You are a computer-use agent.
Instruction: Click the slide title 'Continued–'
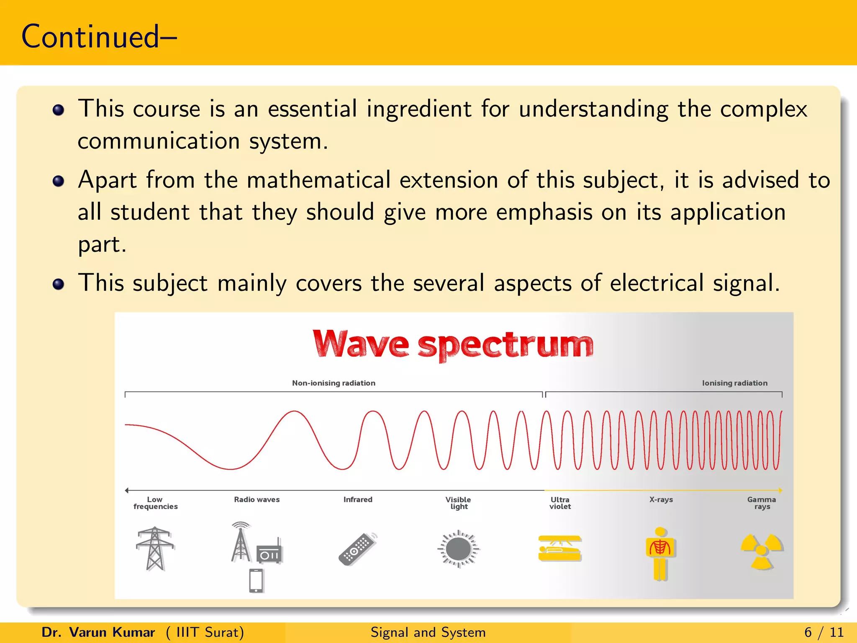coord(99,37)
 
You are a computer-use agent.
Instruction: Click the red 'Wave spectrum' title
coord(453,344)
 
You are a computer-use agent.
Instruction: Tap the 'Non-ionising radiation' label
coord(334,383)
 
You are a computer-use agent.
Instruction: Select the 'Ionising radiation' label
coord(734,383)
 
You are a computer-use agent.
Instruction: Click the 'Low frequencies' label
coord(155,503)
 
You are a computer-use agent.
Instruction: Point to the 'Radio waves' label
coord(257,499)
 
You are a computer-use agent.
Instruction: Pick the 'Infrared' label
coord(358,499)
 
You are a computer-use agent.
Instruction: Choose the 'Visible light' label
coord(459,503)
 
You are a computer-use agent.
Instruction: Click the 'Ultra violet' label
coord(560,503)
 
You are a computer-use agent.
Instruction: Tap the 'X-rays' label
coord(661,499)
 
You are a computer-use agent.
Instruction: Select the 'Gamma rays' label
coord(762,503)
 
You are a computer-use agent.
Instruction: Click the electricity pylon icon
coord(155,548)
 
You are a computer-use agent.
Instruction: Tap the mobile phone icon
coord(256,580)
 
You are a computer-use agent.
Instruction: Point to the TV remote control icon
coord(357,549)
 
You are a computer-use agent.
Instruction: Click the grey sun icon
coord(459,549)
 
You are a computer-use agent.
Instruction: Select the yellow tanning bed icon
coord(560,548)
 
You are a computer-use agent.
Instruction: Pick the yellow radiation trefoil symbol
coord(762,551)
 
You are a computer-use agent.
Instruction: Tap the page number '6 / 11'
coord(824,632)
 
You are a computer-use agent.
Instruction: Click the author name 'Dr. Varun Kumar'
coord(98,632)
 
